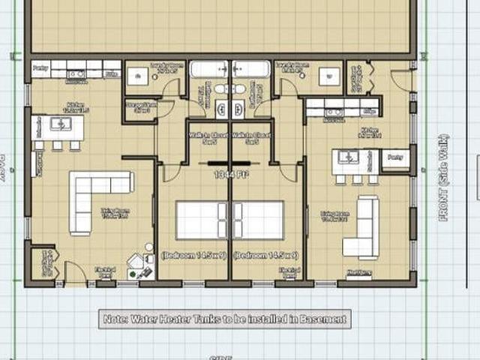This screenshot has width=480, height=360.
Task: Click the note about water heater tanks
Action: pos(224,319)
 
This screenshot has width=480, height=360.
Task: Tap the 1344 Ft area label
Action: pos(229,174)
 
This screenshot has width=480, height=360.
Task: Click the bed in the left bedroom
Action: pos(202,220)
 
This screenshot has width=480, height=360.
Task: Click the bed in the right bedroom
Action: pos(258,220)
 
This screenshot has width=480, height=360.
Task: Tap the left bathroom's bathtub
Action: pos(209,70)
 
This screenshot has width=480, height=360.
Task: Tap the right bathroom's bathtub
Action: pos(250,70)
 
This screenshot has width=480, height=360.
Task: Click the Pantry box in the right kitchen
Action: pos(395,158)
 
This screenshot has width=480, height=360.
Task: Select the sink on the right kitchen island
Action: pos(347,157)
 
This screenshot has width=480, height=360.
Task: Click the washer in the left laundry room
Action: pos(137,76)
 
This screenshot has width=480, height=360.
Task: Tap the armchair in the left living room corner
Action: pos(137,261)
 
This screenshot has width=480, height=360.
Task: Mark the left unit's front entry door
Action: pos(75,273)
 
